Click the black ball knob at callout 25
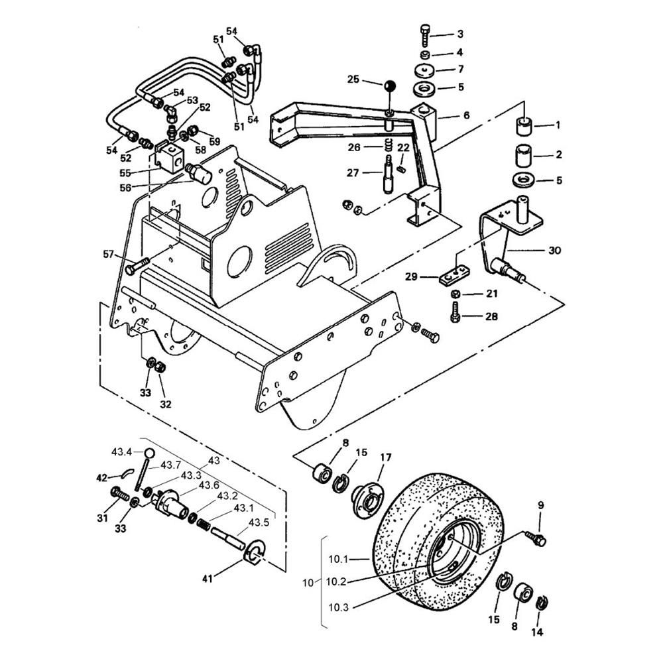[390, 86]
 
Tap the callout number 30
[554, 251]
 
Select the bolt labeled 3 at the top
[425, 36]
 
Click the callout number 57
[109, 254]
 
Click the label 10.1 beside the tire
[338, 560]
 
